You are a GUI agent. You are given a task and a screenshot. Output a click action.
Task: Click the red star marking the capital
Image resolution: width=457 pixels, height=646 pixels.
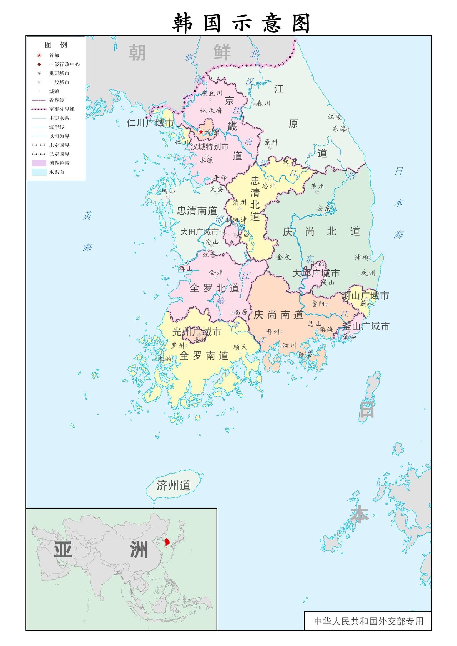coord(201,132)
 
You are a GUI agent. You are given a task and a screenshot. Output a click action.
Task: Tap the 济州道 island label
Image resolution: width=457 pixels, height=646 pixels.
coord(174,486)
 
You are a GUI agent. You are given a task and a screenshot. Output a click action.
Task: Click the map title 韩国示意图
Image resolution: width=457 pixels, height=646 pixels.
coord(241,23)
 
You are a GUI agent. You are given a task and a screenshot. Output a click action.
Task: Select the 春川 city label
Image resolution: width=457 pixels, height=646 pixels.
coord(263,104)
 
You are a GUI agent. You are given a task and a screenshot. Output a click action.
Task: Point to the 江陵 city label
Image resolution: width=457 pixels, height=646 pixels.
coord(335,117)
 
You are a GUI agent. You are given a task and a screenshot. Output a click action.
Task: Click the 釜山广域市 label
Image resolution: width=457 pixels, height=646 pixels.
coord(366,326)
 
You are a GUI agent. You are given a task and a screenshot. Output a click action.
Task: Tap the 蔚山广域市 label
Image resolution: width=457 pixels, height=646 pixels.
coord(365,296)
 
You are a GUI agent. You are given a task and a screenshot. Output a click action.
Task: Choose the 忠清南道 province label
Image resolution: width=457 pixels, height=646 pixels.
coord(197,211)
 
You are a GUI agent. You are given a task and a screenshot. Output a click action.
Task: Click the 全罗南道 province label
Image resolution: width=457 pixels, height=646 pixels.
coord(204,355)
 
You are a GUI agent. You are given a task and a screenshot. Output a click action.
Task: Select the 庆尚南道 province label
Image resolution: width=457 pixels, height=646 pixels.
coord(278,315)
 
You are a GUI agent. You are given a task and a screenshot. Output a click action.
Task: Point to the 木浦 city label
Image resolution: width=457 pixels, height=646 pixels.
coord(165,358)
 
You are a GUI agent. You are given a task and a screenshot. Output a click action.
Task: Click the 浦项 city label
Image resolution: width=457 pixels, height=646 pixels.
coord(361,257)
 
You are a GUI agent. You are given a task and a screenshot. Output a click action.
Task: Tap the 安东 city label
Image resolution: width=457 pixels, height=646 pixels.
coord(323,208)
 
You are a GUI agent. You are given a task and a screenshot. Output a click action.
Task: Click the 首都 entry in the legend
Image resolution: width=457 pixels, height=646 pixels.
coord(54,55)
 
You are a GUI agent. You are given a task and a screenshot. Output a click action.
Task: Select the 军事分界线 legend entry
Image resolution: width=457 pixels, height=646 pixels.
coord(61,109)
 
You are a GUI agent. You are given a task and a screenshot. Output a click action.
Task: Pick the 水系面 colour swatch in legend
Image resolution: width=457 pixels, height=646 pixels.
coord(39,172)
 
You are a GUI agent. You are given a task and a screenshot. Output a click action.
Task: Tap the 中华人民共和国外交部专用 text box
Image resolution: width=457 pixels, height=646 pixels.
coord(368,621)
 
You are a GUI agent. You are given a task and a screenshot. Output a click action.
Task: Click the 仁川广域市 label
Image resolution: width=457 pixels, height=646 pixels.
coord(150,123)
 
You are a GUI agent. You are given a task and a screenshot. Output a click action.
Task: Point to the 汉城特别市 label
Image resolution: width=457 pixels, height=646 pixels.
coord(209,146)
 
